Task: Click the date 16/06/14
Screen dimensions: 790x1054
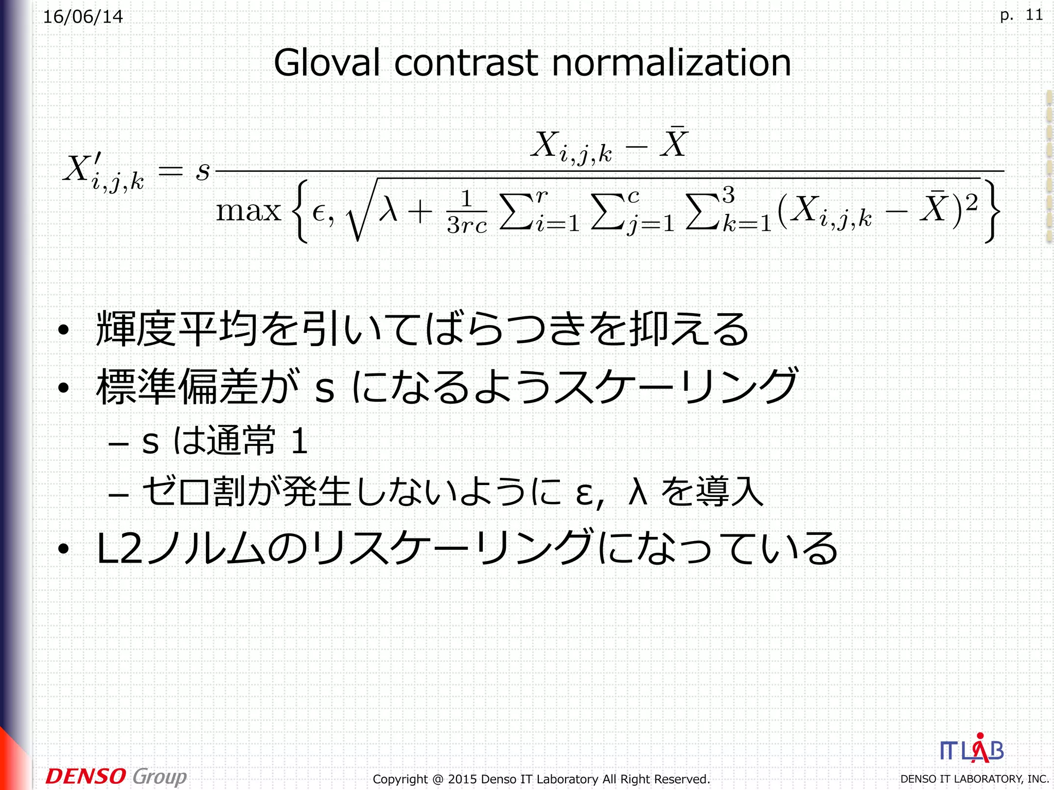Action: coord(83,17)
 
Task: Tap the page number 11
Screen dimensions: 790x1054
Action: coord(1034,15)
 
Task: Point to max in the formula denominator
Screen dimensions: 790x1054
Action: coord(248,211)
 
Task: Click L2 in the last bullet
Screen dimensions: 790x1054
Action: coord(119,548)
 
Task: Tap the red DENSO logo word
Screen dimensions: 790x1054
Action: coord(85,776)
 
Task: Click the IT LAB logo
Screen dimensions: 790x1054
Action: coord(972,750)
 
